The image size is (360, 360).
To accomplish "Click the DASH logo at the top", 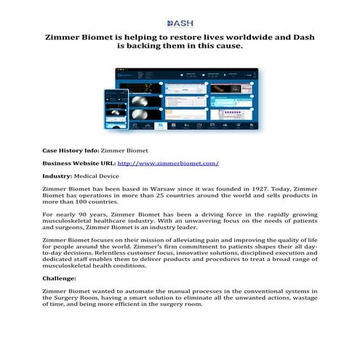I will [180, 24].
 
